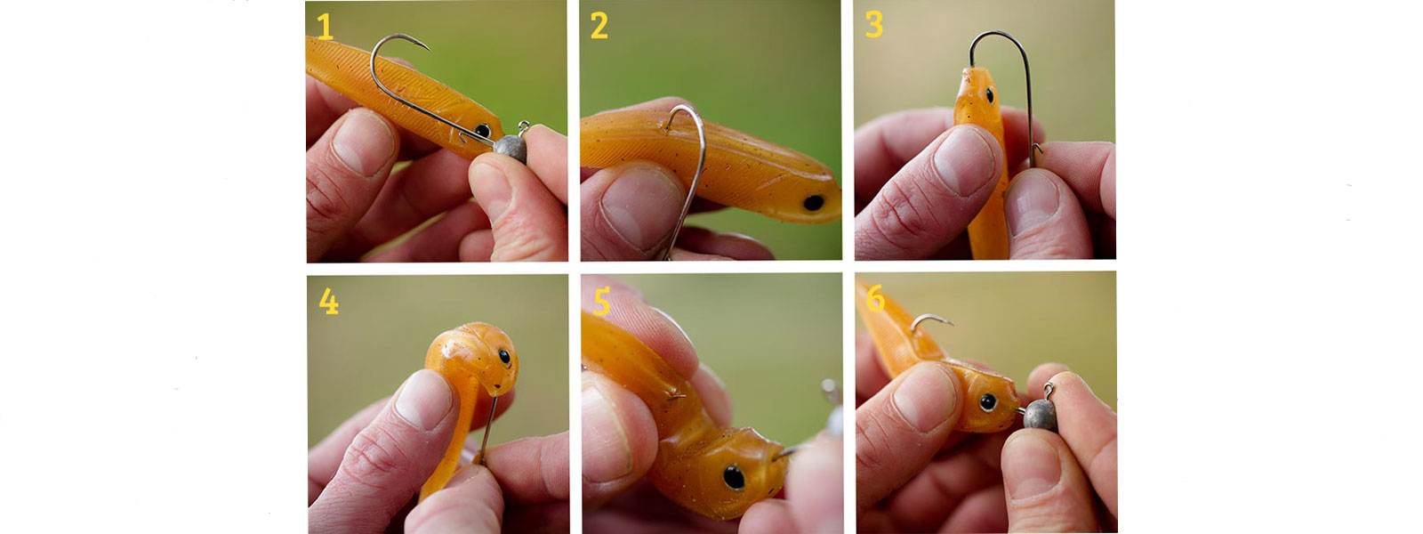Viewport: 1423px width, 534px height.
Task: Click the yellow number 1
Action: (x=325, y=28)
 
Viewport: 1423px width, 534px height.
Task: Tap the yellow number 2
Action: (x=599, y=26)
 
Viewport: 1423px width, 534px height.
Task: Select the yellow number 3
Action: (x=874, y=25)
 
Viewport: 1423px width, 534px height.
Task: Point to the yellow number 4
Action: (x=328, y=302)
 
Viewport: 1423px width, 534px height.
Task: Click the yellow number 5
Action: (x=601, y=302)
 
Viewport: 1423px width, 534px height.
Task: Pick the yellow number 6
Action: (x=875, y=298)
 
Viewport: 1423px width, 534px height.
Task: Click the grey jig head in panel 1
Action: (x=511, y=148)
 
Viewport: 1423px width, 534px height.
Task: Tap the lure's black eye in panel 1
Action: (x=483, y=131)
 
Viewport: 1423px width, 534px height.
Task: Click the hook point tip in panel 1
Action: (x=429, y=48)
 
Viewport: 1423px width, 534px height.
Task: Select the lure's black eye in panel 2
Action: (x=814, y=203)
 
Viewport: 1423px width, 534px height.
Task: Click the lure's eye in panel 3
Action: (x=990, y=95)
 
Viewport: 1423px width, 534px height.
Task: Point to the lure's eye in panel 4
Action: (x=504, y=356)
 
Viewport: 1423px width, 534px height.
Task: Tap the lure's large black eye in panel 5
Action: (x=734, y=477)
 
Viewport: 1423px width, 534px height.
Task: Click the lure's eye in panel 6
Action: (x=988, y=401)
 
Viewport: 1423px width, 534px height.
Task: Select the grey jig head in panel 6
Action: (x=1040, y=415)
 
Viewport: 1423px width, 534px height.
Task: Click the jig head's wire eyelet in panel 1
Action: (x=524, y=127)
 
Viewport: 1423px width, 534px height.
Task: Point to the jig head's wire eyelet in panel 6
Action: (x=1049, y=391)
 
